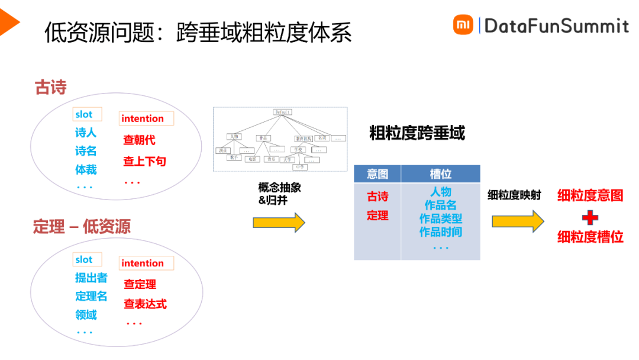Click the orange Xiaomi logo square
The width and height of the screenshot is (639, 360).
tap(463, 25)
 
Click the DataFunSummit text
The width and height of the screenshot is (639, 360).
tap(556, 25)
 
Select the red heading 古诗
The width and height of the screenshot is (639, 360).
tap(51, 88)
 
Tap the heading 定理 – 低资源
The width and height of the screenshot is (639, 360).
tap(82, 227)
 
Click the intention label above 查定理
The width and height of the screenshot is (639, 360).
tap(143, 263)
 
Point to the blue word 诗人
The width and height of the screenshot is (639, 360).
tap(86, 133)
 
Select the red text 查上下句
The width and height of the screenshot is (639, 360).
tap(144, 161)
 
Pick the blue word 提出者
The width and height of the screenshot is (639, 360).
tap(91, 278)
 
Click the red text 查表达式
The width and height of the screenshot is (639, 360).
tap(145, 304)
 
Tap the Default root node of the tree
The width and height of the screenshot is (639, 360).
tap(282, 112)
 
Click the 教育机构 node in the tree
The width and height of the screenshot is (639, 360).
tap(304, 138)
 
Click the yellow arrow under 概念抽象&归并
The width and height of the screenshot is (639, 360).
tap(279, 223)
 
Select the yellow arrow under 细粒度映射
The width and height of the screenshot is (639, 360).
tap(517, 221)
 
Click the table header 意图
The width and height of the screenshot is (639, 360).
tap(377, 173)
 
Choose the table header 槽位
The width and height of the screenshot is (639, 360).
tap(440, 173)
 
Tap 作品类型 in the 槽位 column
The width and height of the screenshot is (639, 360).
tap(441, 218)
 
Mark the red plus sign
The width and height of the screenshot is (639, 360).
tap(590, 218)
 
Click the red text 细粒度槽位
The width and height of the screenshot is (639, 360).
tap(590, 237)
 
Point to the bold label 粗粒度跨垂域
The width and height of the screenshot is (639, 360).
tap(417, 133)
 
